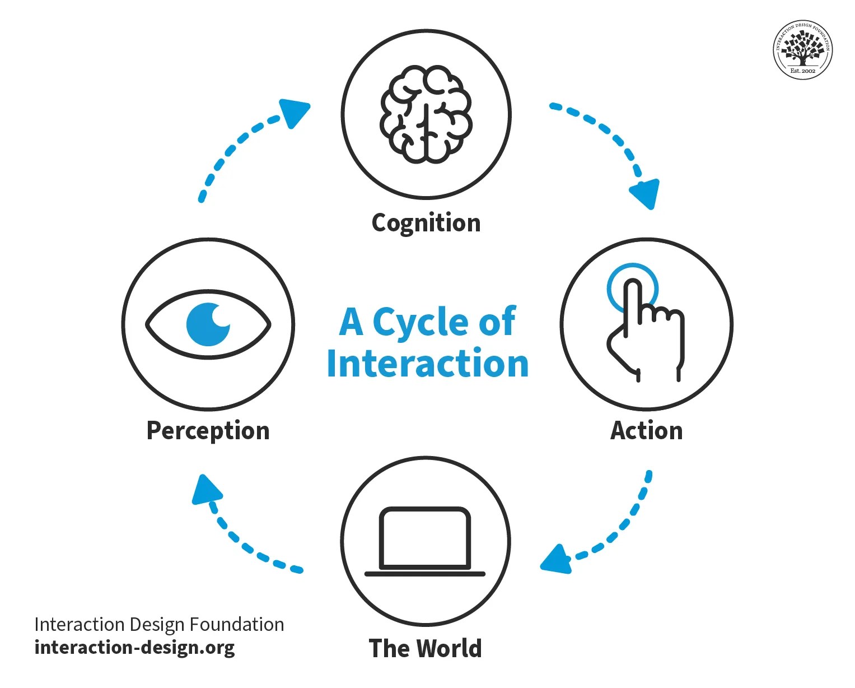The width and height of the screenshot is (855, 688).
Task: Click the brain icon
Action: click(426, 115)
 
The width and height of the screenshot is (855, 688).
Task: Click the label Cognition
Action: click(426, 223)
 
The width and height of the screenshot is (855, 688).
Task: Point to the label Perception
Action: click(208, 431)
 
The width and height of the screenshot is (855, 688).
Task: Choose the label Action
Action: click(646, 431)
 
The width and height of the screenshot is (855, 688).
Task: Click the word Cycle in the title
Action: click(417, 323)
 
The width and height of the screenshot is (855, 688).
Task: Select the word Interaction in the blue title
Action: click(428, 364)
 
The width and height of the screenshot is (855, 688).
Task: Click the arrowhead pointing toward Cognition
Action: click(295, 112)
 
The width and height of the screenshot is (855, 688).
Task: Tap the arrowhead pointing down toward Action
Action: click(646, 193)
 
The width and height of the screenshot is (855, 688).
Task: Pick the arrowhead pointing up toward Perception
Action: click(205, 490)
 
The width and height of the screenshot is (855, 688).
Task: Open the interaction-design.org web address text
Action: click(134, 648)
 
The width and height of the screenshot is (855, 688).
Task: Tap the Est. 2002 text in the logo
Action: click(802, 71)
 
